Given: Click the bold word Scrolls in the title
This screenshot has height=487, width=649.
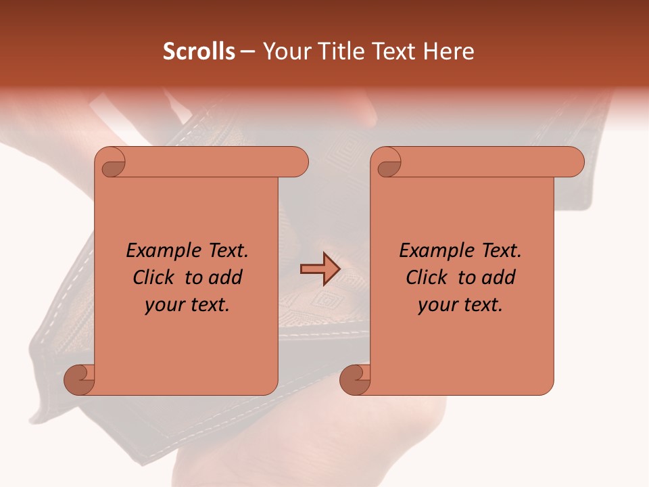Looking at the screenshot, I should click(x=199, y=51).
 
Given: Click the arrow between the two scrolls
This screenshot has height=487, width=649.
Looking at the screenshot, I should click(x=320, y=269).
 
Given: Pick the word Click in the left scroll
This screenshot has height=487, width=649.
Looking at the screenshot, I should click(x=153, y=277).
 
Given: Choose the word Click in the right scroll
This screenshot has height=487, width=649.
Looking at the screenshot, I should click(x=427, y=277).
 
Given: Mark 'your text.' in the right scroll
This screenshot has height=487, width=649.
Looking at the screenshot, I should click(x=460, y=305).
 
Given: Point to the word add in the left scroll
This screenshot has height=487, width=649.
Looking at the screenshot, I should click(x=226, y=277).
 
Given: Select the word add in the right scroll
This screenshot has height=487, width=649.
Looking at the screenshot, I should click(x=499, y=277).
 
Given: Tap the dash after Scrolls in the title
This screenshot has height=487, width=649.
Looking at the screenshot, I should click(x=247, y=52).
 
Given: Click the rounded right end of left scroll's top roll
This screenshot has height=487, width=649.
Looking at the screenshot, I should click(x=297, y=162).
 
